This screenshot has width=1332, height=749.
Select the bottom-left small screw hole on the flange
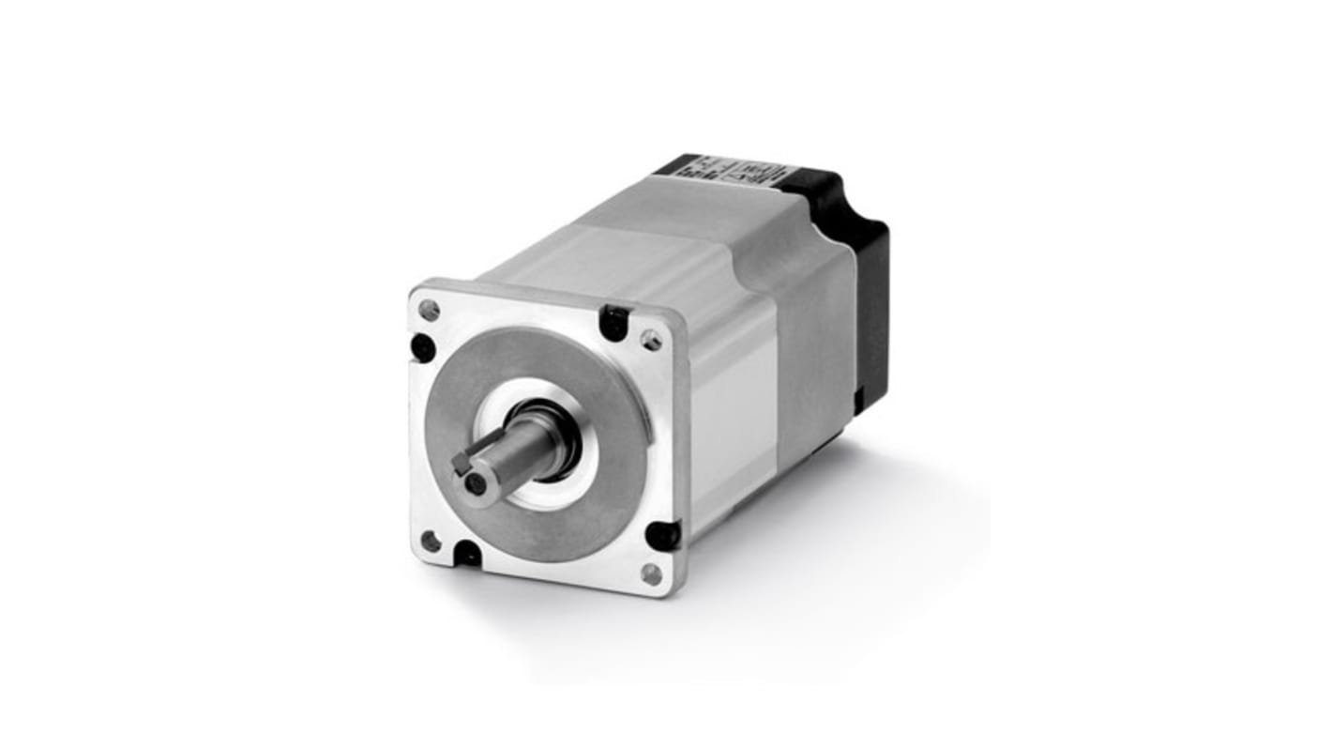point(430,540)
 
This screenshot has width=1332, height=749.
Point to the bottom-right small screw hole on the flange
point(650,573)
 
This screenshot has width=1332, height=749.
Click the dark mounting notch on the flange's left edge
point(422,348)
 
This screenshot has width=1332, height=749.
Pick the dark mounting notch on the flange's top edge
point(613,322)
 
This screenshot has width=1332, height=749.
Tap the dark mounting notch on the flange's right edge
point(663,534)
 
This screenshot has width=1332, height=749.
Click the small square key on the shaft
point(460,463)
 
